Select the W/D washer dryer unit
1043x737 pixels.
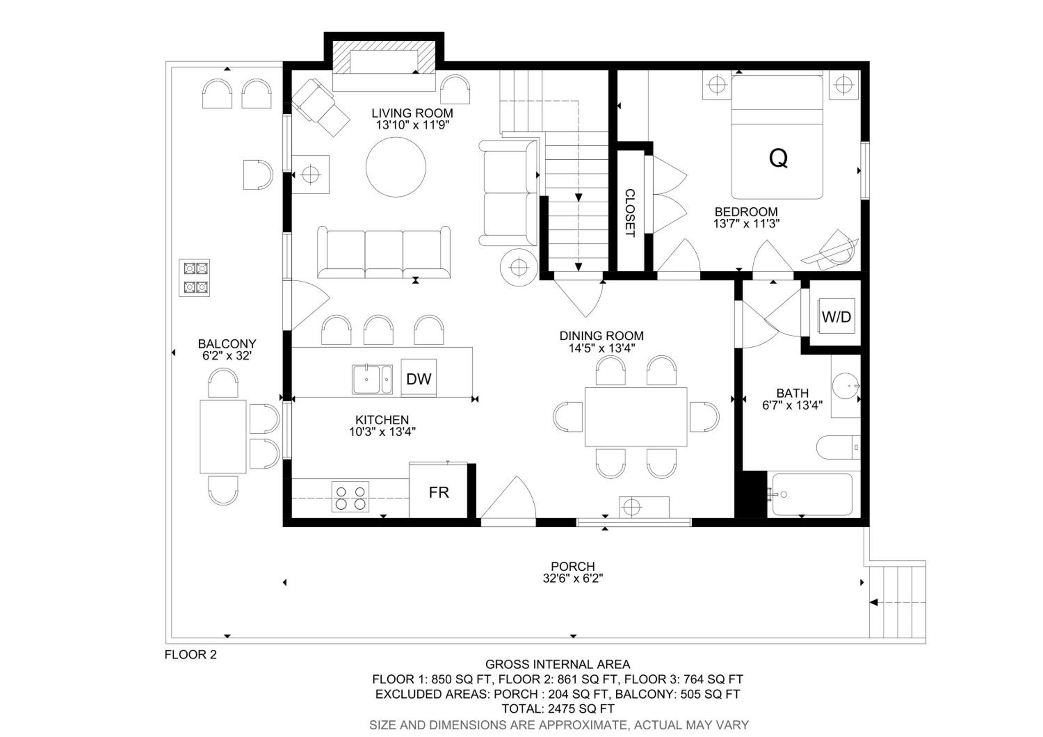[836, 316]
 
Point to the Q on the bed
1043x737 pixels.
[778, 158]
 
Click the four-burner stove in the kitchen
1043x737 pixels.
[350, 496]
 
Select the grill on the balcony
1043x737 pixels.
[194, 277]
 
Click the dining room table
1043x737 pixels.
[636, 416]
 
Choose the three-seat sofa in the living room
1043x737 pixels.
[384, 252]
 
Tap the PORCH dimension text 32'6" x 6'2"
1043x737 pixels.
[573, 578]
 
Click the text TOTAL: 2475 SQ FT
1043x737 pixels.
[558, 708]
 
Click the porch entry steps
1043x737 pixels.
[897, 602]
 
